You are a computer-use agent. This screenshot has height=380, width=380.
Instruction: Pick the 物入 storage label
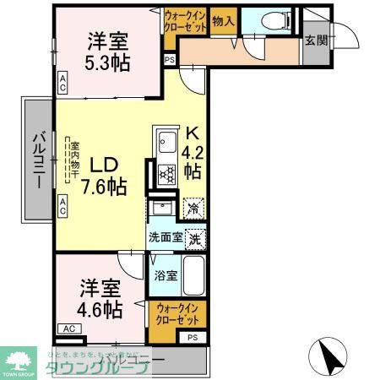pyautogui.click(x=223, y=21)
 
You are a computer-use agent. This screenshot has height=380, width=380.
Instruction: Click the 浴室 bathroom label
pyautogui.click(x=166, y=275)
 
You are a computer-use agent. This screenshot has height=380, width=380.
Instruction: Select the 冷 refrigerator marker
pyautogui.click(x=193, y=207)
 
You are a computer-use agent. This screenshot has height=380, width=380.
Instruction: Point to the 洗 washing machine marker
pyautogui.click(x=194, y=238)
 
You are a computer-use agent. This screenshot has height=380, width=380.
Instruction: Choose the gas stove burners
pyautogui.click(x=165, y=175)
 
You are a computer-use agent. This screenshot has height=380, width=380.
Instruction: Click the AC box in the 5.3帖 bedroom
pyautogui.click(x=63, y=83)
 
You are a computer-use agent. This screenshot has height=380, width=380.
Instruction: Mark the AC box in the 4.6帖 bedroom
pyautogui.click(x=69, y=328)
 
